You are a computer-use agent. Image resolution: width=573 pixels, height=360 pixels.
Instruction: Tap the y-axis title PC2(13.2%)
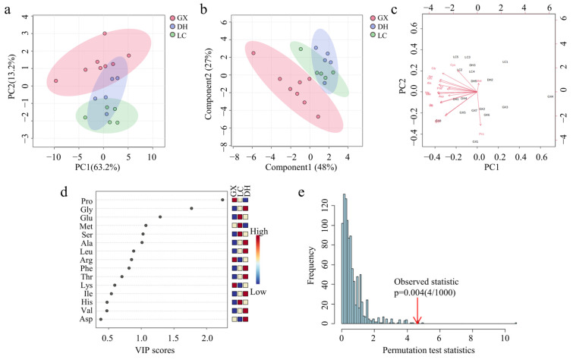(x=9, y=75)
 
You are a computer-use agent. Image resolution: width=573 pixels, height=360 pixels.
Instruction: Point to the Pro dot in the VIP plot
(x=222, y=200)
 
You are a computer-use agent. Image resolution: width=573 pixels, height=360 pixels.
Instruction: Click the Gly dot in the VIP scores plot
(x=191, y=208)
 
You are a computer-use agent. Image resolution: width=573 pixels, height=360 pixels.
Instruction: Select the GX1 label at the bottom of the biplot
(x=475, y=141)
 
